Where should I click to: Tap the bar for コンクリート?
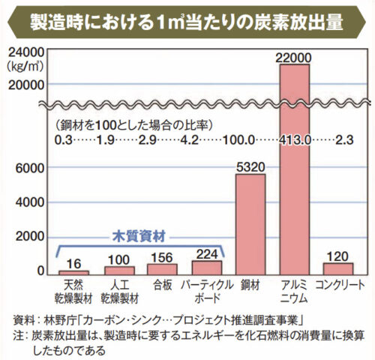(339, 268)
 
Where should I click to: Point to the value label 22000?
(295, 56)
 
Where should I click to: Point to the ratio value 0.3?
(63, 138)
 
